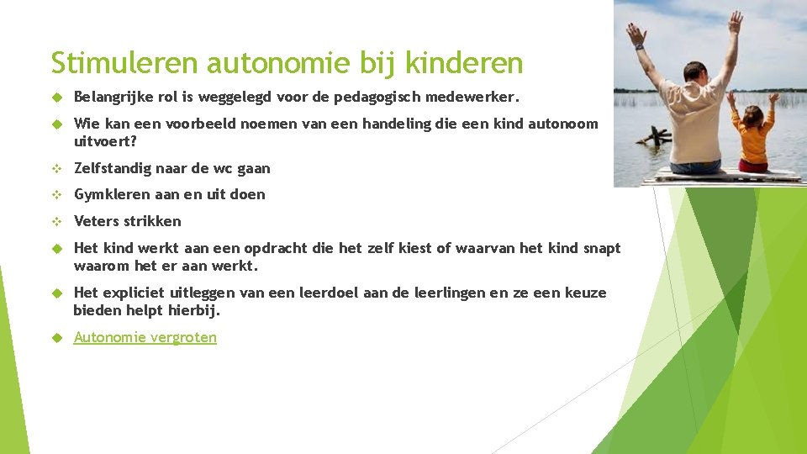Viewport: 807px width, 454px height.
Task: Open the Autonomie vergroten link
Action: (x=145, y=337)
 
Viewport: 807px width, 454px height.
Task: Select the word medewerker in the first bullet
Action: (x=483, y=98)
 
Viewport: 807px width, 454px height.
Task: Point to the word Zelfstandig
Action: (x=113, y=168)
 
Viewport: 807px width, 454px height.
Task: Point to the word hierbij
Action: (x=194, y=310)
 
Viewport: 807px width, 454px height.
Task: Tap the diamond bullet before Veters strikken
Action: (x=58, y=221)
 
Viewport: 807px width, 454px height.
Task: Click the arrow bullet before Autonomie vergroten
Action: (x=58, y=338)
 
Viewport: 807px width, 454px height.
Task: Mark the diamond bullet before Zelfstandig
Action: (x=58, y=168)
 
